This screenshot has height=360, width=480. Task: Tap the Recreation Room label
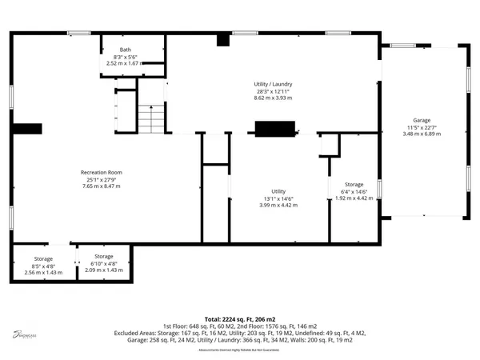[x=101, y=173]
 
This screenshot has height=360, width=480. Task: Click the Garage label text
[x=422, y=120]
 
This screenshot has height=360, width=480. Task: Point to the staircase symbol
[x=150, y=118]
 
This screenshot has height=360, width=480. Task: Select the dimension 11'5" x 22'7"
[x=422, y=127]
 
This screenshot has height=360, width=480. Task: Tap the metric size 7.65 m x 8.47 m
[x=101, y=186]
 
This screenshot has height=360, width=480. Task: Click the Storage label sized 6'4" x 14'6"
[x=353, y=185]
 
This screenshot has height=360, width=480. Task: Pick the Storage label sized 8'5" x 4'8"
[x=43, y=258]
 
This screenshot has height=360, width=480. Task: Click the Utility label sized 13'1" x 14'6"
[x=278, y=191]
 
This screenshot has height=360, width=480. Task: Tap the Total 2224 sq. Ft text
[x=240, y=319]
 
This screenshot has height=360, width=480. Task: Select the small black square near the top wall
[x=222, y=41]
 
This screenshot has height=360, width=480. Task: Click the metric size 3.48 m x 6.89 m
[x=422, y=134]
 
